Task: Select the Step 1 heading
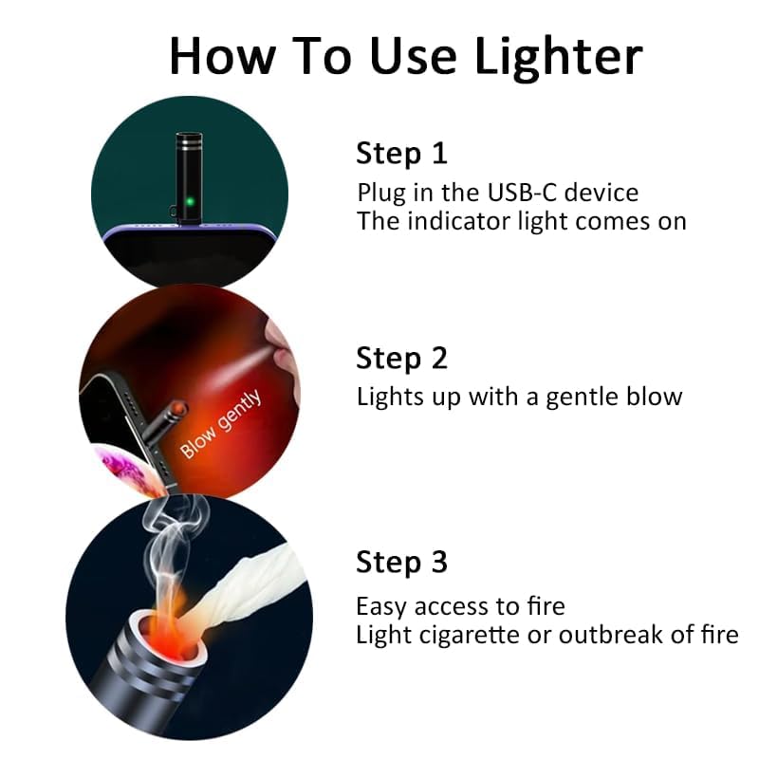click(x=400, y=153)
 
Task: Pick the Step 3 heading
click(x=400, y=563)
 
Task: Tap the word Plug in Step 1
click(x=379, y=193)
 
